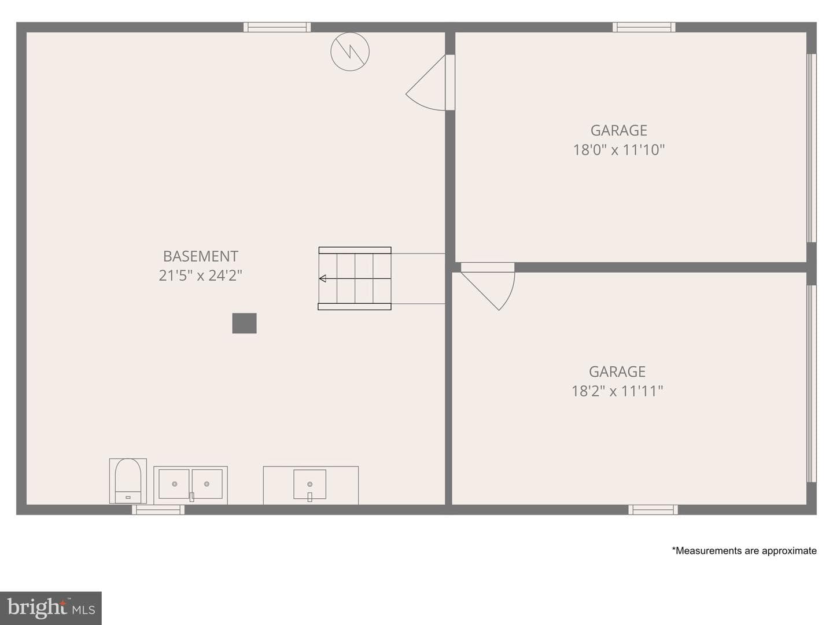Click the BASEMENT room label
pyautogui.click(x=200, y=256)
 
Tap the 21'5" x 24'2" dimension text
pyautogui.click(x=200, y=275)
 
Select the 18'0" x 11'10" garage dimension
pyautogui.click(x=618, y=149)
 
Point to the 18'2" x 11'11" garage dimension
pyautogui.click(x=617, y=391)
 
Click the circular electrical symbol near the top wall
pyautogui.click(x=350, y=52)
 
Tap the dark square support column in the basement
pyautogui.click(x=244, y=323)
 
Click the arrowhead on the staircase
pyautogui.click(x=323, y=278)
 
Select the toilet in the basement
pyautogui.click(x=128, y=481)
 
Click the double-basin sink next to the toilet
pyautogui.click(x=190, y=485)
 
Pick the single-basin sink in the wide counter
pyautogui.click(x=309, y=484)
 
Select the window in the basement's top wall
pyautogui.click(x=277, y=27)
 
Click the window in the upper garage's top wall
pyautogui.click(x=644, y=27)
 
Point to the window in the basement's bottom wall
pyautogui.click(x=159, y=510)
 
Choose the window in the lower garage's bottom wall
pyautogui.click(x=653, y=510)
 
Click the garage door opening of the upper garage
pyautogui.click(x=812, y=148)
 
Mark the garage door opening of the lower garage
pyautogui.click(x=812, y=384)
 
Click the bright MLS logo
pyautogui.click(x=51, y=608)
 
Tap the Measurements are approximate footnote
pyautogui.click(x=744, y=550)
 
